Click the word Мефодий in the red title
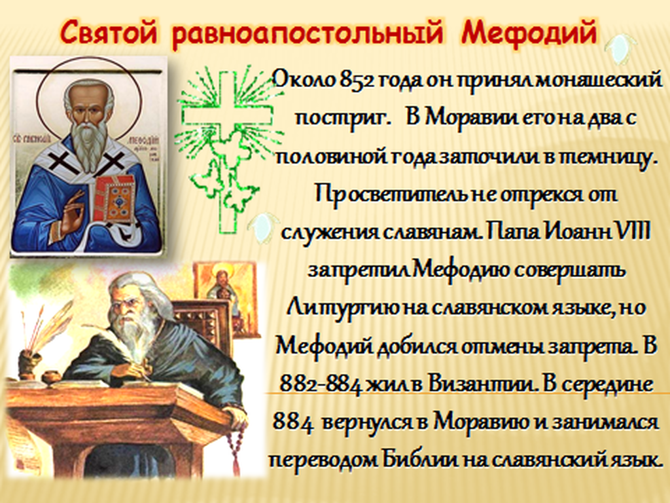coord(529,33)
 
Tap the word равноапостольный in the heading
coord(308,33)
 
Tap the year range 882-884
coord(321,384)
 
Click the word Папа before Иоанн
coord(511,233)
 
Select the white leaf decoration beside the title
coord(620,48)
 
